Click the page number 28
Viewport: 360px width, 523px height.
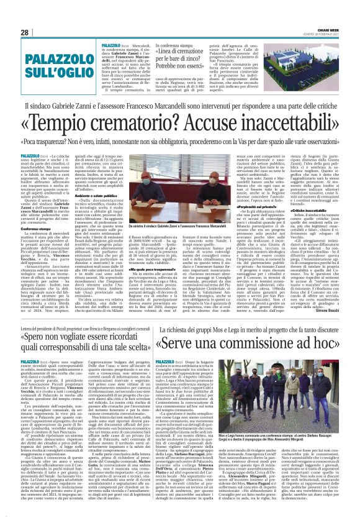point(25,33)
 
